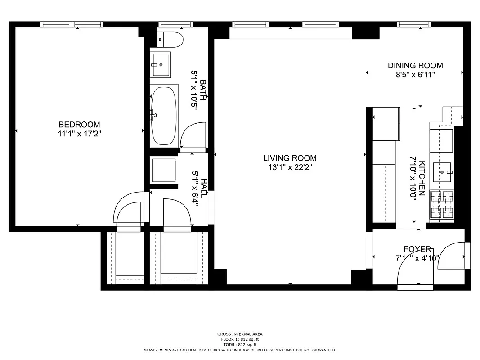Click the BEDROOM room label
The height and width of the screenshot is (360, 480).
(x=79, y=125)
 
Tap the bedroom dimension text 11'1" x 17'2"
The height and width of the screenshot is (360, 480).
(x=79, y=133)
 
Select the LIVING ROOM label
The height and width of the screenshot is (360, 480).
(x=290, y=158)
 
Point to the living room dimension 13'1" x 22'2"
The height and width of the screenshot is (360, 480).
(x=290, y=167)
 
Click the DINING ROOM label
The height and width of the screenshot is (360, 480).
(x=415, y=66)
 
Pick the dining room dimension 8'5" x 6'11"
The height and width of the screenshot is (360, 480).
(x=415, y=75)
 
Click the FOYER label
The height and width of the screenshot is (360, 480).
(x=417, y=249)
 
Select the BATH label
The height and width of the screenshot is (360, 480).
(x=203, y=90)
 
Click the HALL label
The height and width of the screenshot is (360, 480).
(x=203, y=188)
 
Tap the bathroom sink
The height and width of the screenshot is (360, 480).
(x=161, y=65)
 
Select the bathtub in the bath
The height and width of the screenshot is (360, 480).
(x=164, y=115)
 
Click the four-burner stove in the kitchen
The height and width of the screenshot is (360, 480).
(x=442, y=205)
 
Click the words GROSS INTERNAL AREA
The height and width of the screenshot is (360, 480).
(x=239, y=334)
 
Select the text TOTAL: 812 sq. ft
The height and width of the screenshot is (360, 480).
(x=239, y=344)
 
